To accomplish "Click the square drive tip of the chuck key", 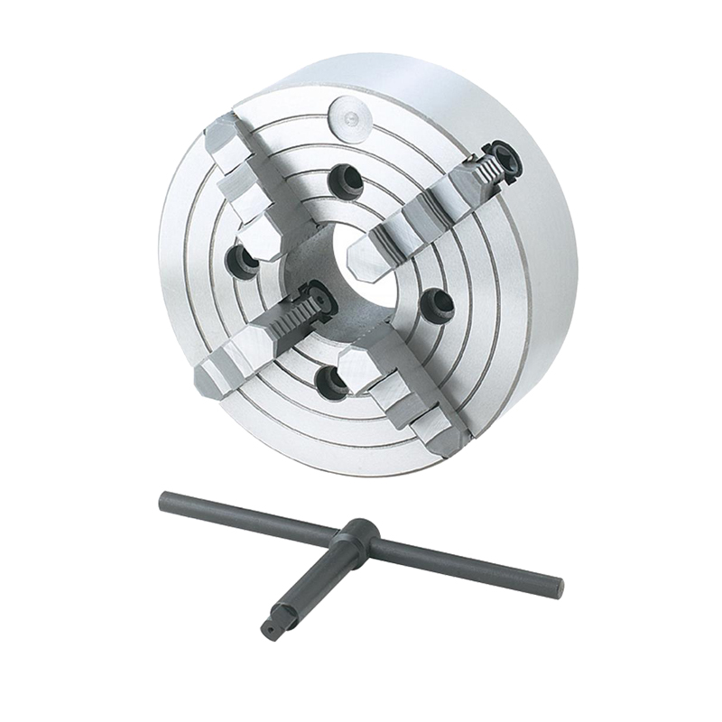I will (x=269, y=627).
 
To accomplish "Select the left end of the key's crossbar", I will (x=165, y=498).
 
